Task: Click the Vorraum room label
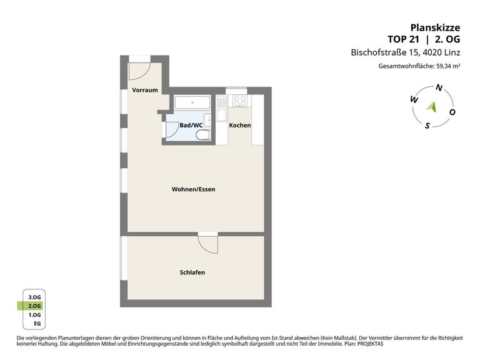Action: point(145,90)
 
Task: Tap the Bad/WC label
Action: point(191,125)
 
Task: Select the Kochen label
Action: point(240,125)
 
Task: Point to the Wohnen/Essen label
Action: point(193,189)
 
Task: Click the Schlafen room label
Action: point(192,272)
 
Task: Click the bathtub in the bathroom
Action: point(192,102)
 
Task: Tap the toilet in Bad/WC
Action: point(202,135)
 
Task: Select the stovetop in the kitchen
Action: point(239,101)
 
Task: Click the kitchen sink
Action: point(221,115)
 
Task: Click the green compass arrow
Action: point(432,106)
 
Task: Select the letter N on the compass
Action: point(439,88)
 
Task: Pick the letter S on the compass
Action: point(427,125)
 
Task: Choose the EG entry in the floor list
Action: point(37,324)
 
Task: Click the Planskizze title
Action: point(435,28)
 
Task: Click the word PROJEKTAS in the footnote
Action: point(371,344)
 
